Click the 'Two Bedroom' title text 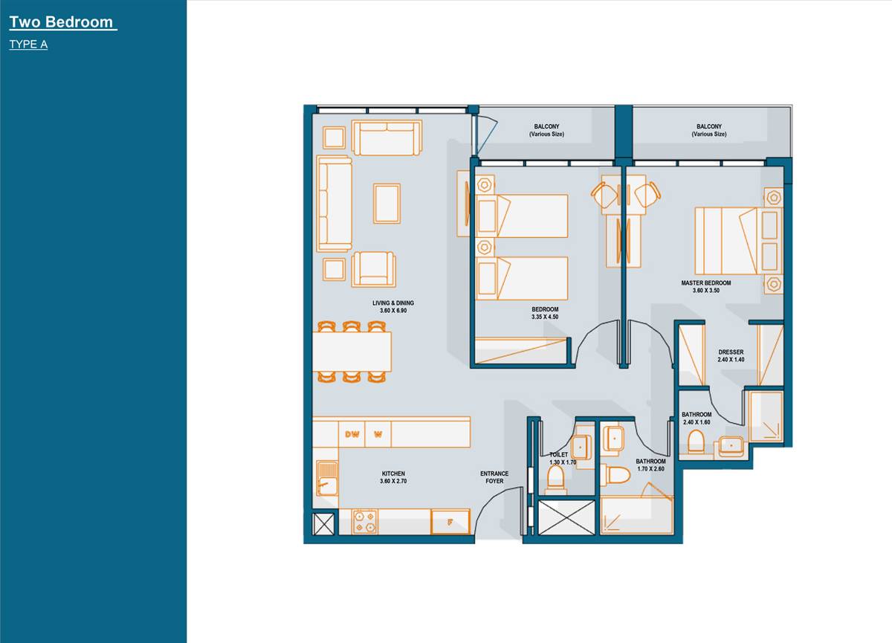tap(62, 22)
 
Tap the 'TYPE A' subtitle tap(28, 45)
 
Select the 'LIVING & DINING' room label tap(393, 303)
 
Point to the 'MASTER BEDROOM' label tap(705, 283)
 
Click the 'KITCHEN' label tap(393, 474)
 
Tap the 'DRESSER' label tap(731, 352)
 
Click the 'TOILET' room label tap(558, 454)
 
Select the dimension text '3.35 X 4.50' tap(544, 317)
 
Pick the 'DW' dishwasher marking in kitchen tap(352, 435)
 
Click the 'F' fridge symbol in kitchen tap(450, 522)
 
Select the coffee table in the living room tap(387, 203)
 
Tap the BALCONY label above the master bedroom tap(708, 130)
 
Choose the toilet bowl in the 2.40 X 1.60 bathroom tap(697, 443)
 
